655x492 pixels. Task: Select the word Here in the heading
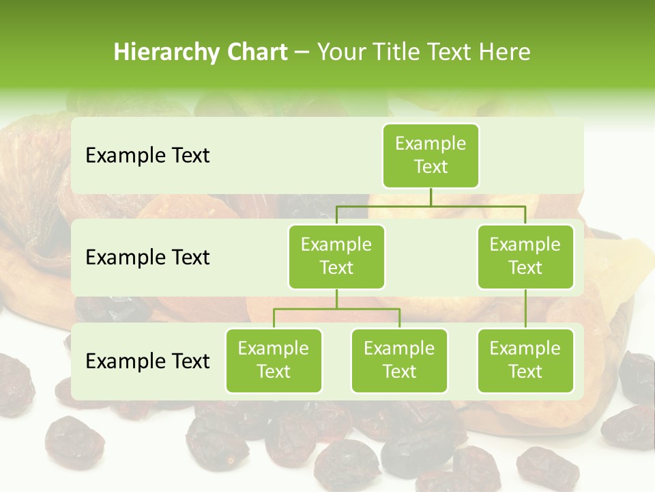504,52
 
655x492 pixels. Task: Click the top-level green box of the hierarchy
431,156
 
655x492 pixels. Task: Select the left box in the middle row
336,257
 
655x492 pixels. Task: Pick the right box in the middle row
525,257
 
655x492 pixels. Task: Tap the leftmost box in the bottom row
274,361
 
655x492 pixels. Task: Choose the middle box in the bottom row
399,361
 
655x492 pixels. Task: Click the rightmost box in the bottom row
525,361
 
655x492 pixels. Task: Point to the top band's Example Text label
147,156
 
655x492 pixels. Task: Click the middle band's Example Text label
147,258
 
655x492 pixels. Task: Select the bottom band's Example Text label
147,361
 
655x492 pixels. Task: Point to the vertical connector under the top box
431,197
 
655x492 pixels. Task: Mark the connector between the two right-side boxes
525,309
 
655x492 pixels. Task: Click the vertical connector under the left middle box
336,299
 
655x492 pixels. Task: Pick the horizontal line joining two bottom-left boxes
336,309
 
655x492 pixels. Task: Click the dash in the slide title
302,53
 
